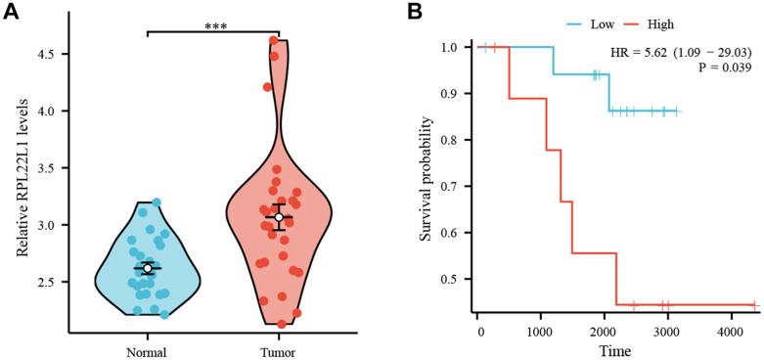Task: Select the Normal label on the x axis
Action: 147,351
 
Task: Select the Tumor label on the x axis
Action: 280,351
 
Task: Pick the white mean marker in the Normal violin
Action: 147,267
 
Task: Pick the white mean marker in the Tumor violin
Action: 279,217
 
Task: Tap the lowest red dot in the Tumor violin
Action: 282,323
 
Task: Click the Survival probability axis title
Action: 424,179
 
